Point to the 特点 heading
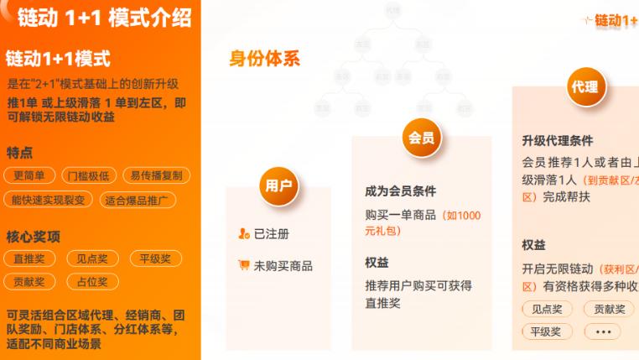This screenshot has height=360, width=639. coord(20,153)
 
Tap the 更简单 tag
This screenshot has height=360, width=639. coord(30,175)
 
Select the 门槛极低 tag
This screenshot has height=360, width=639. coord(89,175)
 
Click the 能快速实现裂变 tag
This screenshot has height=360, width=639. coord(48,200)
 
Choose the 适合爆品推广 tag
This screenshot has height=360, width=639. coord(137,200)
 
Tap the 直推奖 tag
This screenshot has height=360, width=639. coord(30,259)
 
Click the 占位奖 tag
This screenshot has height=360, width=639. coord(91,282)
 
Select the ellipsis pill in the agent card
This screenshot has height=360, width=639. coord(603,331)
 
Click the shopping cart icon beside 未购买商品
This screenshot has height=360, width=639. coord(243,265)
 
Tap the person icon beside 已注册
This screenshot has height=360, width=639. coord(243,233)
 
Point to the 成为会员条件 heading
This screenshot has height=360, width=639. coord(400,190)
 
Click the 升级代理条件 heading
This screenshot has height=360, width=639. coord(557,140)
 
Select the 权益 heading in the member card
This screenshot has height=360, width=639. coord(377,262)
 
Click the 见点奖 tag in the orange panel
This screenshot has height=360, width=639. coord(91,259)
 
